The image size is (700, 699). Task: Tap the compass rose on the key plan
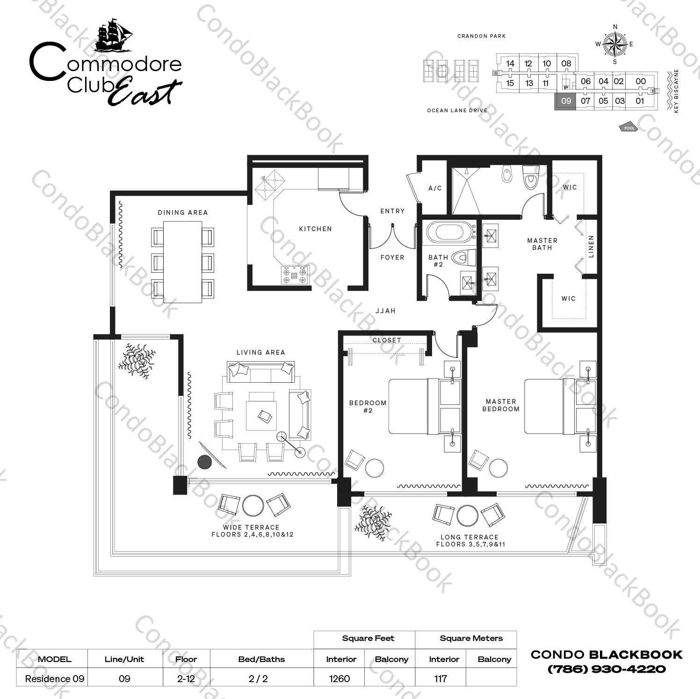(x=614, y=44)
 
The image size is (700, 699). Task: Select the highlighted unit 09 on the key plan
(x=565, y=101)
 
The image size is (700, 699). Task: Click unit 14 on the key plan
(x=510, y=64)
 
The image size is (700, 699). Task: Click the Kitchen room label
(x=315, y=229)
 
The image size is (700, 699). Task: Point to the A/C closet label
(x=435, y=188)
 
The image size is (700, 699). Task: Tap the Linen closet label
(x=591, y=247)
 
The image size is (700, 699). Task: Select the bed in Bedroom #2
(x=414, y=406)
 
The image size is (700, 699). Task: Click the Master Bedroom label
(x=501, y=405)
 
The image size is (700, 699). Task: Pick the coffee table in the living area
(x=262, y=411)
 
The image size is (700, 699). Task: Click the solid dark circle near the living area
(x=205, y=462)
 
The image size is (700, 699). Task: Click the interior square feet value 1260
(x=339, y=678)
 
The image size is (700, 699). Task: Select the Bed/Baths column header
(x=261, y=659)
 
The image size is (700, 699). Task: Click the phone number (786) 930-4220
(x=606, y=669)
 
